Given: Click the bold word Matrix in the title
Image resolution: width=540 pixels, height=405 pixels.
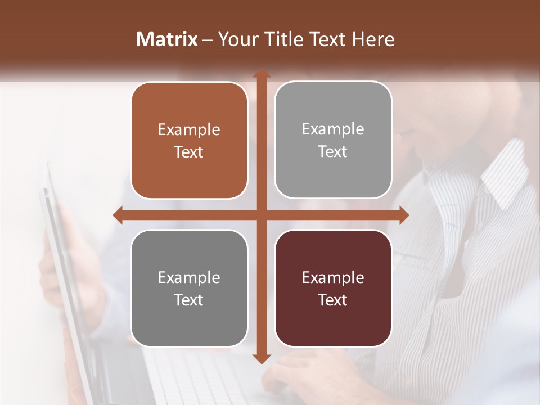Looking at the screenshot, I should pos(167,39).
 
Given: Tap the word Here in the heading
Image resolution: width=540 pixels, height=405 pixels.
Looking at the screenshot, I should pos(373,39).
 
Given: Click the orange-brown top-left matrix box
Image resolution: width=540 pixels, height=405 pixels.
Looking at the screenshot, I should pos(189,141).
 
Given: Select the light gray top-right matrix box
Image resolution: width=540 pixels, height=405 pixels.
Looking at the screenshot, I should pos(333,140).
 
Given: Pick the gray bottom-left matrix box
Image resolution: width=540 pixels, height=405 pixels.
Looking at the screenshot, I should pos(189,288).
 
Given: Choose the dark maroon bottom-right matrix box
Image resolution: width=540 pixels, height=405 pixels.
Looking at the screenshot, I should pos(333,288).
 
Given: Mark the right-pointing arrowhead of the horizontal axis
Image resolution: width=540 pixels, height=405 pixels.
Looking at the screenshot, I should pos(403,215).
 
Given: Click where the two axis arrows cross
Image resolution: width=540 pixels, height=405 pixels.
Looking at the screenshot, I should pos(261,215).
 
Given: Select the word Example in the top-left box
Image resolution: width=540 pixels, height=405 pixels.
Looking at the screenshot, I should pos(189,130).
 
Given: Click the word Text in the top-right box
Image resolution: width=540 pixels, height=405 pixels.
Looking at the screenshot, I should pos(333,151).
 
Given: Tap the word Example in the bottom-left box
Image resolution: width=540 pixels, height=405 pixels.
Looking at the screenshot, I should pos(189,277).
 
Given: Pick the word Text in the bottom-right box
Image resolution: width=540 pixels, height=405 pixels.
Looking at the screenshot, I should pos(333,300).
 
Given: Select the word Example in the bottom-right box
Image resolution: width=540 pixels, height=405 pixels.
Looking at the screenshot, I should pos(333,277).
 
